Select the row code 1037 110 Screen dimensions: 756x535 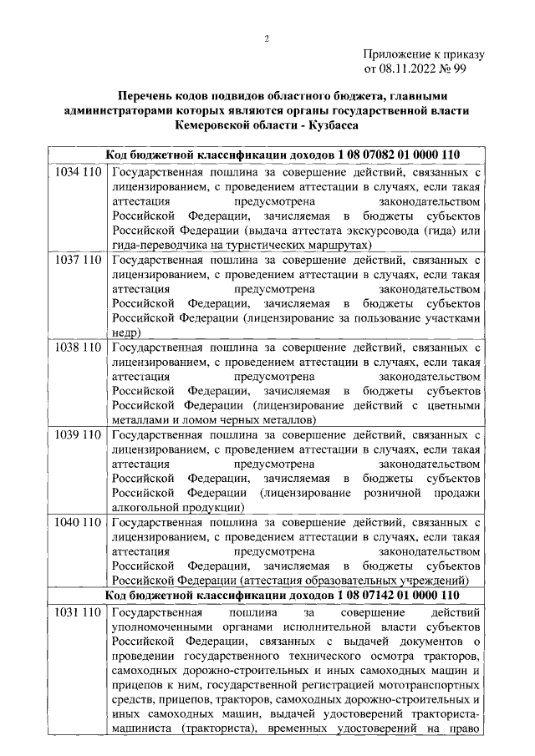[77, 260]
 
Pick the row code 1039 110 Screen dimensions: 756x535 [77, 434]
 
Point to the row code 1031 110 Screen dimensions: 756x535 [77, 613]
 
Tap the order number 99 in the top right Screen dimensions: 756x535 [460, 69]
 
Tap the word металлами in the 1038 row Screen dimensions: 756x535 [141, 419]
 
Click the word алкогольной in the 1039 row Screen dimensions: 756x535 [145, 507]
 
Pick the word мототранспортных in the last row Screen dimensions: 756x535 [427, 685]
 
